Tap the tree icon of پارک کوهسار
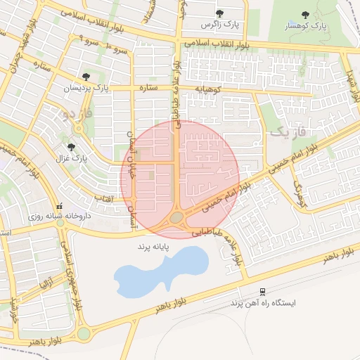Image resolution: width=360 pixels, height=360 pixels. [305, 14]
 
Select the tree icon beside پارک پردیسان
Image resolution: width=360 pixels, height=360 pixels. [86, 76]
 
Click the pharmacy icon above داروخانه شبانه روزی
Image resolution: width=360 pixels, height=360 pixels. [59, 207]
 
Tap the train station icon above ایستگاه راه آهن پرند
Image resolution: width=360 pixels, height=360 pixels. [263, 291]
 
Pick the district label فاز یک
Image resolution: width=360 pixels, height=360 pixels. [288, 131]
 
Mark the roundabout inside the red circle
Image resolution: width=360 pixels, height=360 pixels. [176, 218]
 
